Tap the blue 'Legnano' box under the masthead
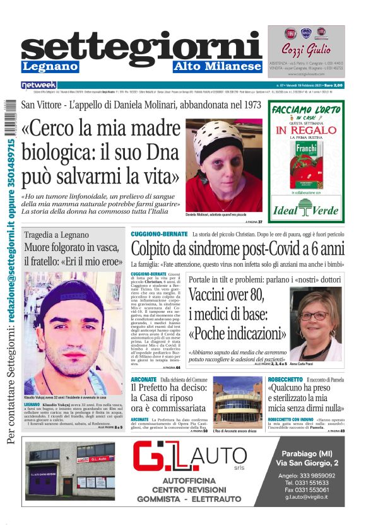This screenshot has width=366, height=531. (x=50, y=66)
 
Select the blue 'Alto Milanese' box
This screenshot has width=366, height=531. (x=217, y=66)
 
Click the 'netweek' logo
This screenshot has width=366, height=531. (x=38, y=85)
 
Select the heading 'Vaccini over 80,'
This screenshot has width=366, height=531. (x=226, y=295)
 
